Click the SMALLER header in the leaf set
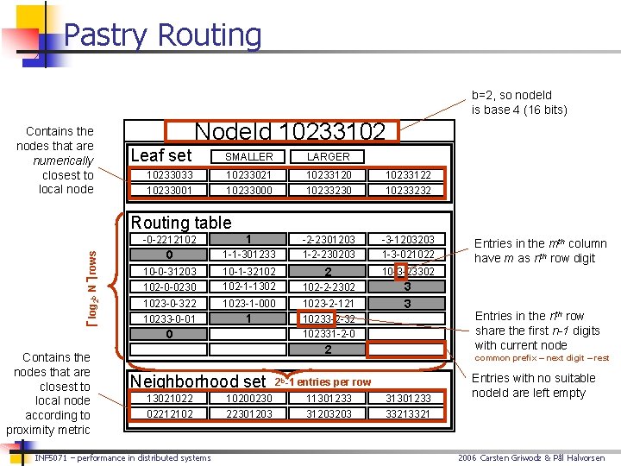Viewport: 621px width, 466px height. [x=248, y=156]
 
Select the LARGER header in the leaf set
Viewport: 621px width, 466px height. [x=329, y=156]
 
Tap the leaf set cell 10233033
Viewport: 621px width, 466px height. [x=169, y=175]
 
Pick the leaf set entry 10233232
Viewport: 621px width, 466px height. [x=408, y=190]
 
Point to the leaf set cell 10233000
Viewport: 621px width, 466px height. [x=248, y=190]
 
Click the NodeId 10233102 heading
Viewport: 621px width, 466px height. [x=290, y=132]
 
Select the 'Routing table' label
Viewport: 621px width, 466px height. [x=180, y=223]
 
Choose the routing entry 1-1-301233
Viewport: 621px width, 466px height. [x=248, y=255]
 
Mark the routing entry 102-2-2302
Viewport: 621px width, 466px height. [x=329, y=287]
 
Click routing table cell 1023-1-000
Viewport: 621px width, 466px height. [x=248, y=303]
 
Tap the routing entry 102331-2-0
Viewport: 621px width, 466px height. [x=329, y=334]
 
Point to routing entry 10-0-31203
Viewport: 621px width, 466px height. [x=169, y=271]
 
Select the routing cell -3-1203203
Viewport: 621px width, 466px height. [x=408, y=239]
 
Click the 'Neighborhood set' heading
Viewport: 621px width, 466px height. [x=198, y=381]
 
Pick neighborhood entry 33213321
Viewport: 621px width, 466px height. [x=408, y=413]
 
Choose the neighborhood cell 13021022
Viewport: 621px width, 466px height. [x=169, y=398]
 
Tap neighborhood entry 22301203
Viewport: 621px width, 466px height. [x=248, y=413]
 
